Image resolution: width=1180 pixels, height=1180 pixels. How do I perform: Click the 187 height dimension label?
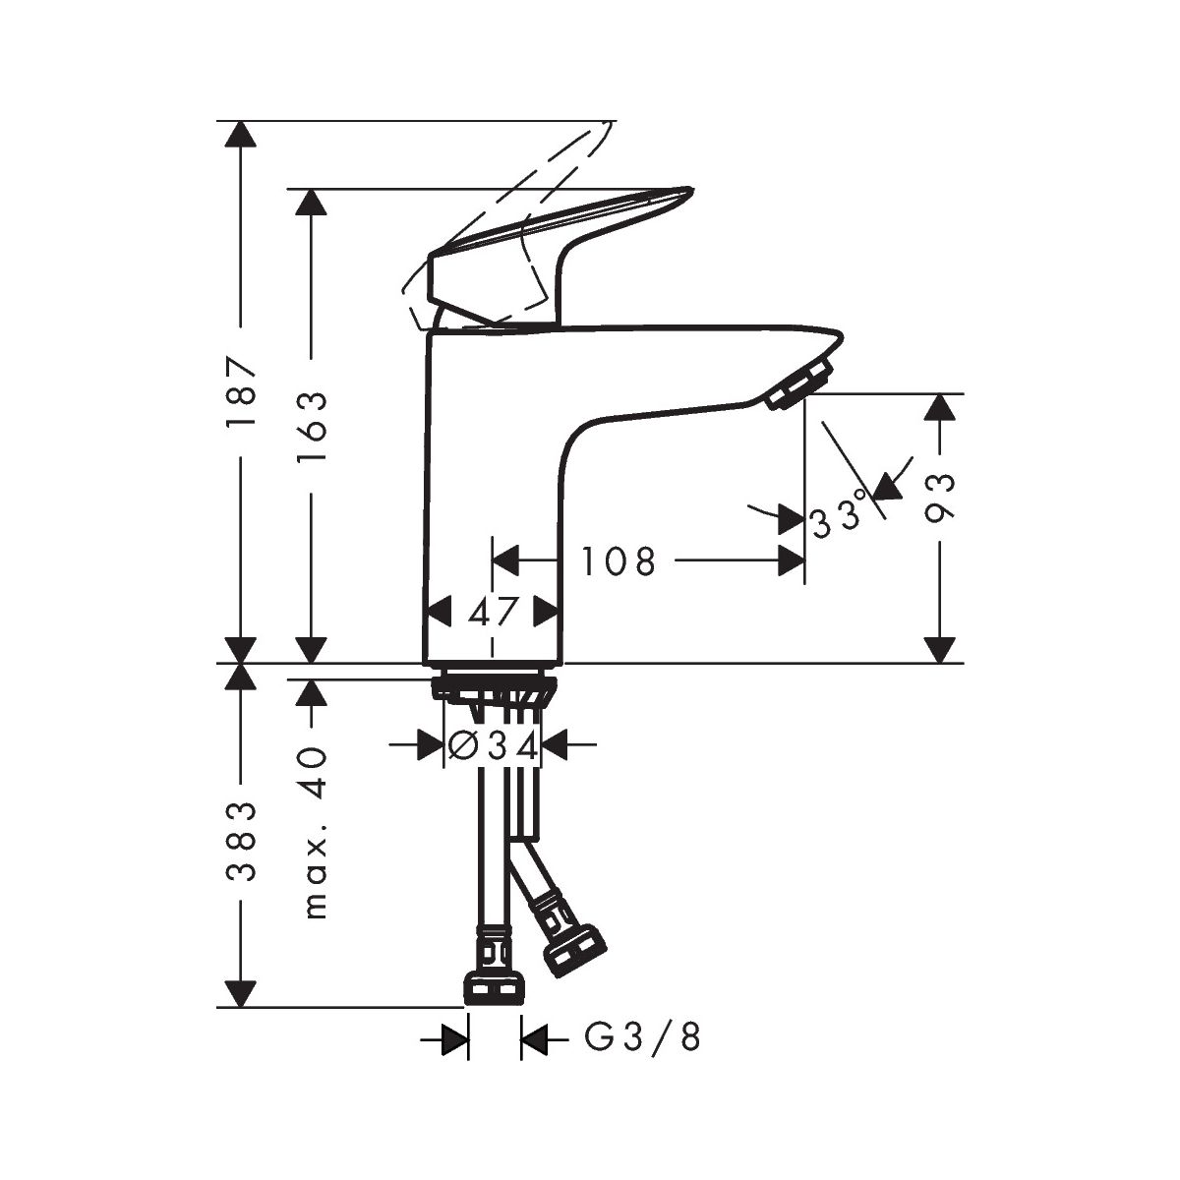click(240, 392)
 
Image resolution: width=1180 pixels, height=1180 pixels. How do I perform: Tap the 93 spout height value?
click(939, 499)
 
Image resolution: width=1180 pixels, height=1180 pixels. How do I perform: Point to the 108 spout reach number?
click(618, 560)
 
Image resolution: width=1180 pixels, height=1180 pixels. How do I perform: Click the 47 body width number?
click(494, 612)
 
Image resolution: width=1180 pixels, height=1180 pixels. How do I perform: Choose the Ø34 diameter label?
click(493, 746)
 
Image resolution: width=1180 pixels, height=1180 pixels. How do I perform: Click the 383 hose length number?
click(240, 841)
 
